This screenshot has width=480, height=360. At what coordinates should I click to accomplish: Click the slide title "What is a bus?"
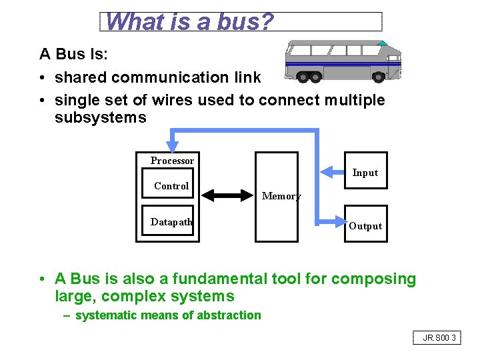coord(189,22)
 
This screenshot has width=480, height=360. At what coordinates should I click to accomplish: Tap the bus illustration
coord(343,61)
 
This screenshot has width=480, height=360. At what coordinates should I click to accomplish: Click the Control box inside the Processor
coord(171,186)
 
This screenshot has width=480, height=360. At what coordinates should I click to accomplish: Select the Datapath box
coord(171,222)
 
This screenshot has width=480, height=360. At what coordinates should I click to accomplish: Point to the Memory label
coord(281,196)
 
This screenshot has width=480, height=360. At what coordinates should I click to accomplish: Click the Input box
coord(365,173)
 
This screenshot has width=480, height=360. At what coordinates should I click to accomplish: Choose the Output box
coord(365,225)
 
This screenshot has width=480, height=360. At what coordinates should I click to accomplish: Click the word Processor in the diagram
coord(172,161)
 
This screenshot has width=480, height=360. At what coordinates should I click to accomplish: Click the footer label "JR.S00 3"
coord(439,338)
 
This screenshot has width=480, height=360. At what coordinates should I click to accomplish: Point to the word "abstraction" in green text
coord(231,315)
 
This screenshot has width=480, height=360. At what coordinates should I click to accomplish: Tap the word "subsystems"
coord(100,118)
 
